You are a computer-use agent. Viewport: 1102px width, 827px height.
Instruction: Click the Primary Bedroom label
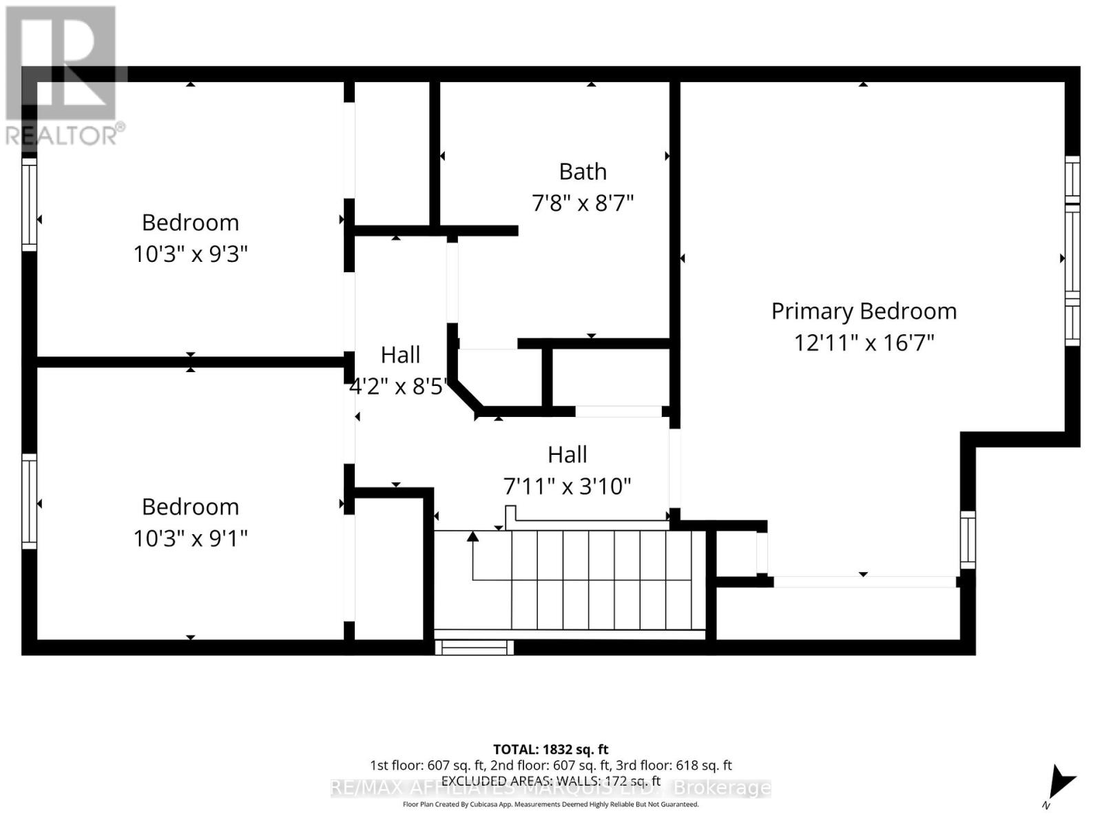(x=864, y=312)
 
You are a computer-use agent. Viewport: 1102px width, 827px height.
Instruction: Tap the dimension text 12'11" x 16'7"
(x=864, y=343)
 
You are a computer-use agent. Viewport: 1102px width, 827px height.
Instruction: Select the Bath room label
(x=583, y=172)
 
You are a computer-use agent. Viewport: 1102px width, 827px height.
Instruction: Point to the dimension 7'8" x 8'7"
(x=583, y=203)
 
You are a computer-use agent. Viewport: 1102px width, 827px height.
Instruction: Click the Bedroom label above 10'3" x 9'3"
(x=190, y=223)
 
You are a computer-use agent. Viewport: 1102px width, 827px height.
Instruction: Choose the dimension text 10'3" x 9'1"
(x=190, y=538)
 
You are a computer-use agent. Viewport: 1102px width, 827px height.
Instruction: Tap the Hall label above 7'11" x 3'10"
(x=568, y=455)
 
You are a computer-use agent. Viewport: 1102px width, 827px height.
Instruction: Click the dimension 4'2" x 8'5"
(x=398, y=386)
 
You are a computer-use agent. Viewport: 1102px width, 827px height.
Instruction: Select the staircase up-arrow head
(x=472, y=536)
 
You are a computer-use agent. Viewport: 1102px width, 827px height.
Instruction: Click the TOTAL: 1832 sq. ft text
(x=550, y=749)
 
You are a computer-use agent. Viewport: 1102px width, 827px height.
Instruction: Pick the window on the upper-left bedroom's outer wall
(x=29, y=205)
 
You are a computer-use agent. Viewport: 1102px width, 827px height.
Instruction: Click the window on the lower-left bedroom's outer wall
(x=29, y=501)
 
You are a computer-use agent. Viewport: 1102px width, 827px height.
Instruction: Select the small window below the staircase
(x=475, y=648)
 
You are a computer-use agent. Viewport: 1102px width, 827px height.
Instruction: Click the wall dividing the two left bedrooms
(x=190, y=362)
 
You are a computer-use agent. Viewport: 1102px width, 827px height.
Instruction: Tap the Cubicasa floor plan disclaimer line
(x=550, y=804)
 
